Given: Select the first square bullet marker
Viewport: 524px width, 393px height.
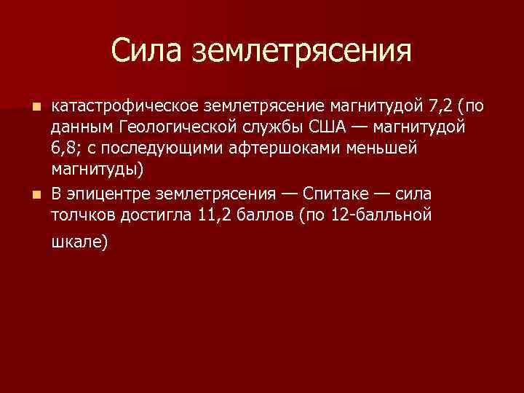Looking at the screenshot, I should click(x=38, y=107).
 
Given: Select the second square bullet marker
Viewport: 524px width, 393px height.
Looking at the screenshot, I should click(x=38, y=194).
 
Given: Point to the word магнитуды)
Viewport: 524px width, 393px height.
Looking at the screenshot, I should click(x=98, y=170).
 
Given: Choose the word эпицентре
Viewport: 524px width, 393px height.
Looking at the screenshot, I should click(x=102, y=194).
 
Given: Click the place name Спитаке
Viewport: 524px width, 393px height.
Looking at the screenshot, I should click(x=342, y=194).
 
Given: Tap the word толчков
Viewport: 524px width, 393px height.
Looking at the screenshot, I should click(x=81, y=215).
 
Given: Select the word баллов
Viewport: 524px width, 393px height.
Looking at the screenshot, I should click(x=266, y=215).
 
